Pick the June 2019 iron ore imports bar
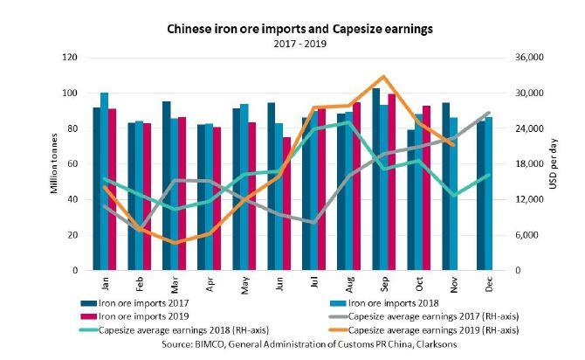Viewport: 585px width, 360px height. (x=287, y=204)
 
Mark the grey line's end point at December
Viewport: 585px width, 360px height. (x=488, y=113)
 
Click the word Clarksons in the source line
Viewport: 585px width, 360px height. (x=425, y=344)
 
